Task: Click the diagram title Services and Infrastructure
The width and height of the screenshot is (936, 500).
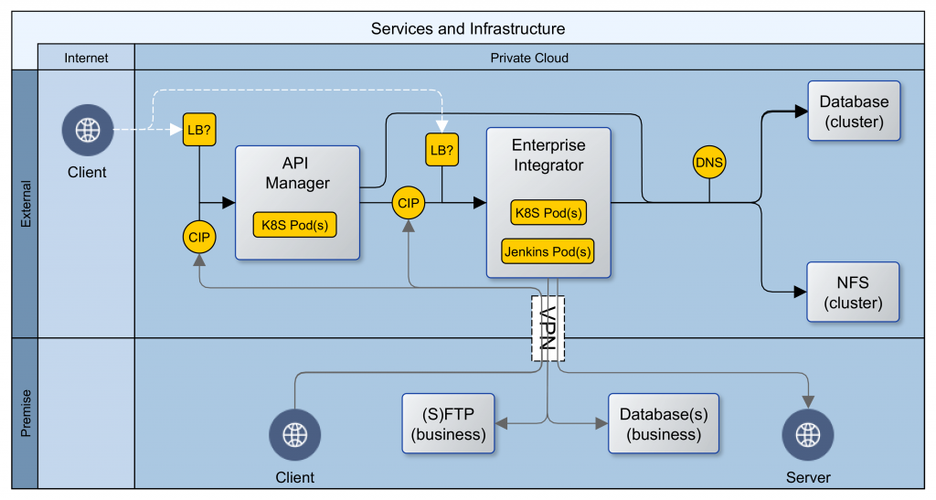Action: pos(467,28)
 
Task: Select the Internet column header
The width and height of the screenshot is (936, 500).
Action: pos(86,58)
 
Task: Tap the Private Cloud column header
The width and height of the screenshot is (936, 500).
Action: pos(529,58)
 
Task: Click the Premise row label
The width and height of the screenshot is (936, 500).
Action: pos(25,413)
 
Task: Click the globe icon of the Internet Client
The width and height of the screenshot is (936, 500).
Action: pos(88,131)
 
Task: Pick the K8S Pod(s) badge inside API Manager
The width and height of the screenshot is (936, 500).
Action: pos(294,225)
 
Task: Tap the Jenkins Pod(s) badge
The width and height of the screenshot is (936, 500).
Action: pos(548,250)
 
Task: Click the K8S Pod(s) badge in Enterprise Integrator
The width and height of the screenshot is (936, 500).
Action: pos(548,213)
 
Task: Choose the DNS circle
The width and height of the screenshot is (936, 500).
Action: pos(709,163)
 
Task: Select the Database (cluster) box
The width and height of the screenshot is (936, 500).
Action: pos(853,111)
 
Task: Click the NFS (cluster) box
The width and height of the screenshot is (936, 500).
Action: pos(853,293)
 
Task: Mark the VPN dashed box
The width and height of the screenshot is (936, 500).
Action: pos(548,327)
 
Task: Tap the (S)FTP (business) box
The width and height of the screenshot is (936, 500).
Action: pos(448,423)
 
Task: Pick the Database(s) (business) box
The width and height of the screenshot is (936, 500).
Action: pos(664,423)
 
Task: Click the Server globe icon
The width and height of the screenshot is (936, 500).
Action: pos(808,435)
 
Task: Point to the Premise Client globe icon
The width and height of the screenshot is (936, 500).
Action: pos(294,435)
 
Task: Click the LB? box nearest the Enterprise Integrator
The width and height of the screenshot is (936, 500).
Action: pos(441,149)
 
